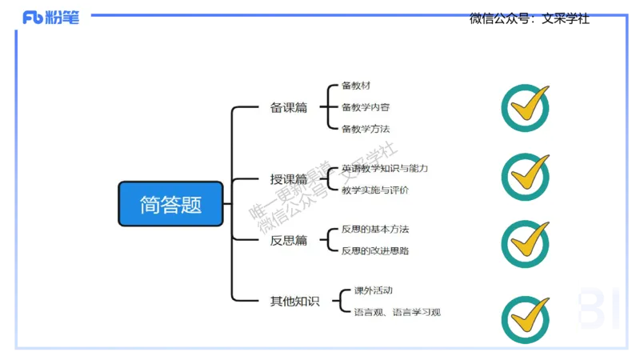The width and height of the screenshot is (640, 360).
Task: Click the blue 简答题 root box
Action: pos(170,204)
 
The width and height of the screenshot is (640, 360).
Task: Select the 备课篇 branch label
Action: pos(289,107)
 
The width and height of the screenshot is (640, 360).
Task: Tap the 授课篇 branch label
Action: pos(289,179)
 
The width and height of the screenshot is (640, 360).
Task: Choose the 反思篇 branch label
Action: pos(289,240)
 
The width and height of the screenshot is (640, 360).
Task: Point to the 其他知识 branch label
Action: pos(294,301)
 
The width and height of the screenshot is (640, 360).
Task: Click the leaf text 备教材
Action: pos(356,85)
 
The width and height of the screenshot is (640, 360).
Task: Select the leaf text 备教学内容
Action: pos(366,106)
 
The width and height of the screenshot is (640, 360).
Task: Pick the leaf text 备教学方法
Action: pos(366,128)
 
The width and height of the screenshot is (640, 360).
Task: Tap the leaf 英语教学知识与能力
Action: pos(385,168)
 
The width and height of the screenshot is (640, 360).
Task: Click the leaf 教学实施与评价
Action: pos(375,190)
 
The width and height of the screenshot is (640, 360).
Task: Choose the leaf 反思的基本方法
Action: pos(375,229)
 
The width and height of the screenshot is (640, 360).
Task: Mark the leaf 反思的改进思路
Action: pos(375,250)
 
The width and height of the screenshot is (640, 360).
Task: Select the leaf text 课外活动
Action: pos(373,290)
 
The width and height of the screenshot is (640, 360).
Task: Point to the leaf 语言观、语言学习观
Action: pos(397,312)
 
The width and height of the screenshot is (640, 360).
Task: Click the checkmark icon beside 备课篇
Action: pos(526,106)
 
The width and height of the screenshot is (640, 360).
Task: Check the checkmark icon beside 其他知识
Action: pos(526,319)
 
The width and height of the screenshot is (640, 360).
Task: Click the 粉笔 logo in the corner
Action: pos(51,18)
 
